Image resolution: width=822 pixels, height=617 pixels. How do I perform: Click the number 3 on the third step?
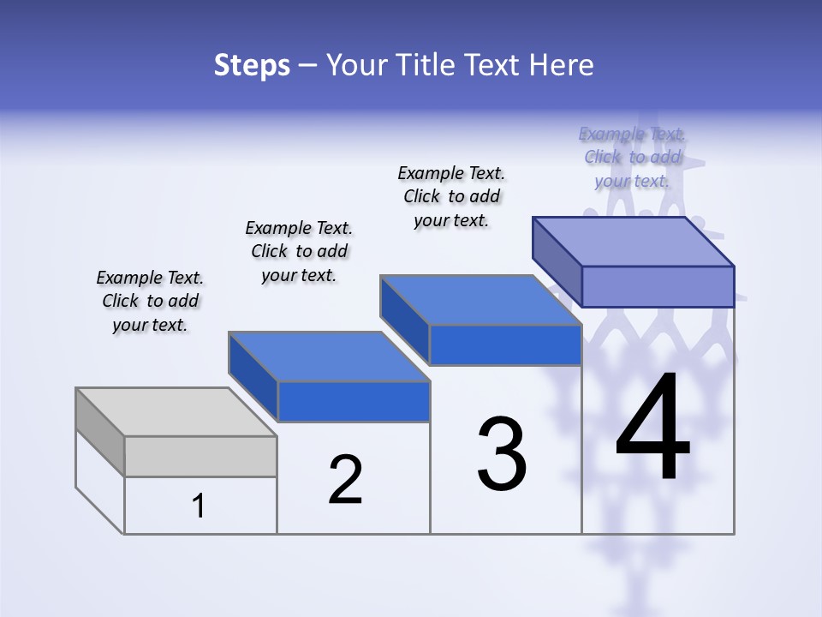pyautogui.click(x=502, y=454)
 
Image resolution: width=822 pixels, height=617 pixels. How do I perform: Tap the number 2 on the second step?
pyautogui.click(x=345, y=480)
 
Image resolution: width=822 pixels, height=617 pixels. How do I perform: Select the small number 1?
pyautogui.click(x=199, y=506)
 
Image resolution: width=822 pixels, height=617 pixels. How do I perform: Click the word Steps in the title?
pyautogui.click(x=252, y=65)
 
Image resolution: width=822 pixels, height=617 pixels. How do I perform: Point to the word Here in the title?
pyautogui.click(x=562, y=65)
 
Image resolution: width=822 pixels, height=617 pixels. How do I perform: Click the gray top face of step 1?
pyautogui.click(x=176, y=412)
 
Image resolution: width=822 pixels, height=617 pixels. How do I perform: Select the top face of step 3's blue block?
pyautogui.click(x=481, y=300)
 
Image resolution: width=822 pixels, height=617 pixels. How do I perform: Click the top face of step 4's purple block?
pyautogui.click(x=634, y=242)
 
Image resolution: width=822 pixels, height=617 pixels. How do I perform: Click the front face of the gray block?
pyautogui.click(x=200, y=456)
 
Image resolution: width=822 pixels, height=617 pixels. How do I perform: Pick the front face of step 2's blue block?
pyautogui.click(x=354, y=401)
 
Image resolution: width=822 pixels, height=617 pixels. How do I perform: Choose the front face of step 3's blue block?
pyautogui.click(x=505, y=345)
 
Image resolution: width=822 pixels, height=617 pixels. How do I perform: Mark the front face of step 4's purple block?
pyautogui.click(x=658, y=286)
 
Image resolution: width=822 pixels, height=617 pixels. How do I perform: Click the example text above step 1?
pyautogui.click(x=150, y=302)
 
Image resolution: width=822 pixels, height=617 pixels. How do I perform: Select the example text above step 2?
pyautogui.click(x=299, y=251)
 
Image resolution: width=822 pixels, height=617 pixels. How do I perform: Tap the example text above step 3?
pyautogui.click(x=451, y=196)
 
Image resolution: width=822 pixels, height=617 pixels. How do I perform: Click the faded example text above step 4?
pyautogui.click(x=632, y=157)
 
